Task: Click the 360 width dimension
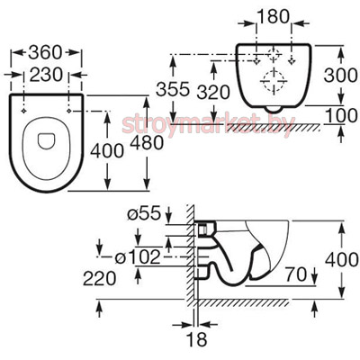(45, 52)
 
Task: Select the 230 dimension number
(46, 75)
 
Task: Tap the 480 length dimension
(147, 143)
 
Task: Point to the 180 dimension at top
(273, 17)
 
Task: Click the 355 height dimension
(173, 89)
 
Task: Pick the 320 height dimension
(213, 93)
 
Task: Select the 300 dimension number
(340, 75)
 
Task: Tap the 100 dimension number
(341, 115)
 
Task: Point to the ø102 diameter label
(138, 257)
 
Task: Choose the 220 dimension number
(99, 278)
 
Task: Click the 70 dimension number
(295, 274)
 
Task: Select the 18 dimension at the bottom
(197, 339)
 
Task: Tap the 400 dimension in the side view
(342, 260)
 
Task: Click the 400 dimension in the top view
(107, 150)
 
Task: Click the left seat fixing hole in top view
(23, 112)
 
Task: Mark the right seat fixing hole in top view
(69, 112)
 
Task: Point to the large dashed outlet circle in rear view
(274, 81)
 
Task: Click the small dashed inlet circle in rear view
(274, 55)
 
